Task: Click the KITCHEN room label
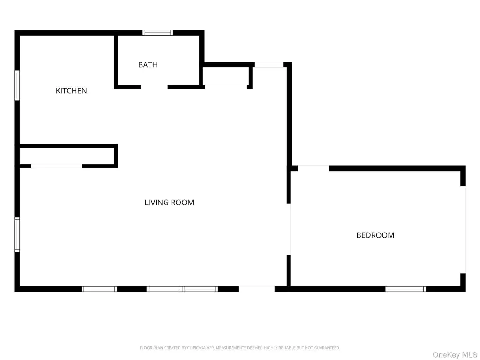71,90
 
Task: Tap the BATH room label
148,65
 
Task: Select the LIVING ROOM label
169,202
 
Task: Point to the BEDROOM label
375,235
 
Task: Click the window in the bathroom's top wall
157,33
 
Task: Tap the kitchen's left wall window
17,85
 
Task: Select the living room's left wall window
17,235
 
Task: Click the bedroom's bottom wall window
405,289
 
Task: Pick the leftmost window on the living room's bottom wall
99,289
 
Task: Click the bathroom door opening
154,87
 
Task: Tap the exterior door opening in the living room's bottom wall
256,289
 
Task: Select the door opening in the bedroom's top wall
314,168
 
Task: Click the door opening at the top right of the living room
269,65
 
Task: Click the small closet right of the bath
226,76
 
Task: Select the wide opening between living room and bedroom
289,229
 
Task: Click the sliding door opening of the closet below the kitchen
57,166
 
